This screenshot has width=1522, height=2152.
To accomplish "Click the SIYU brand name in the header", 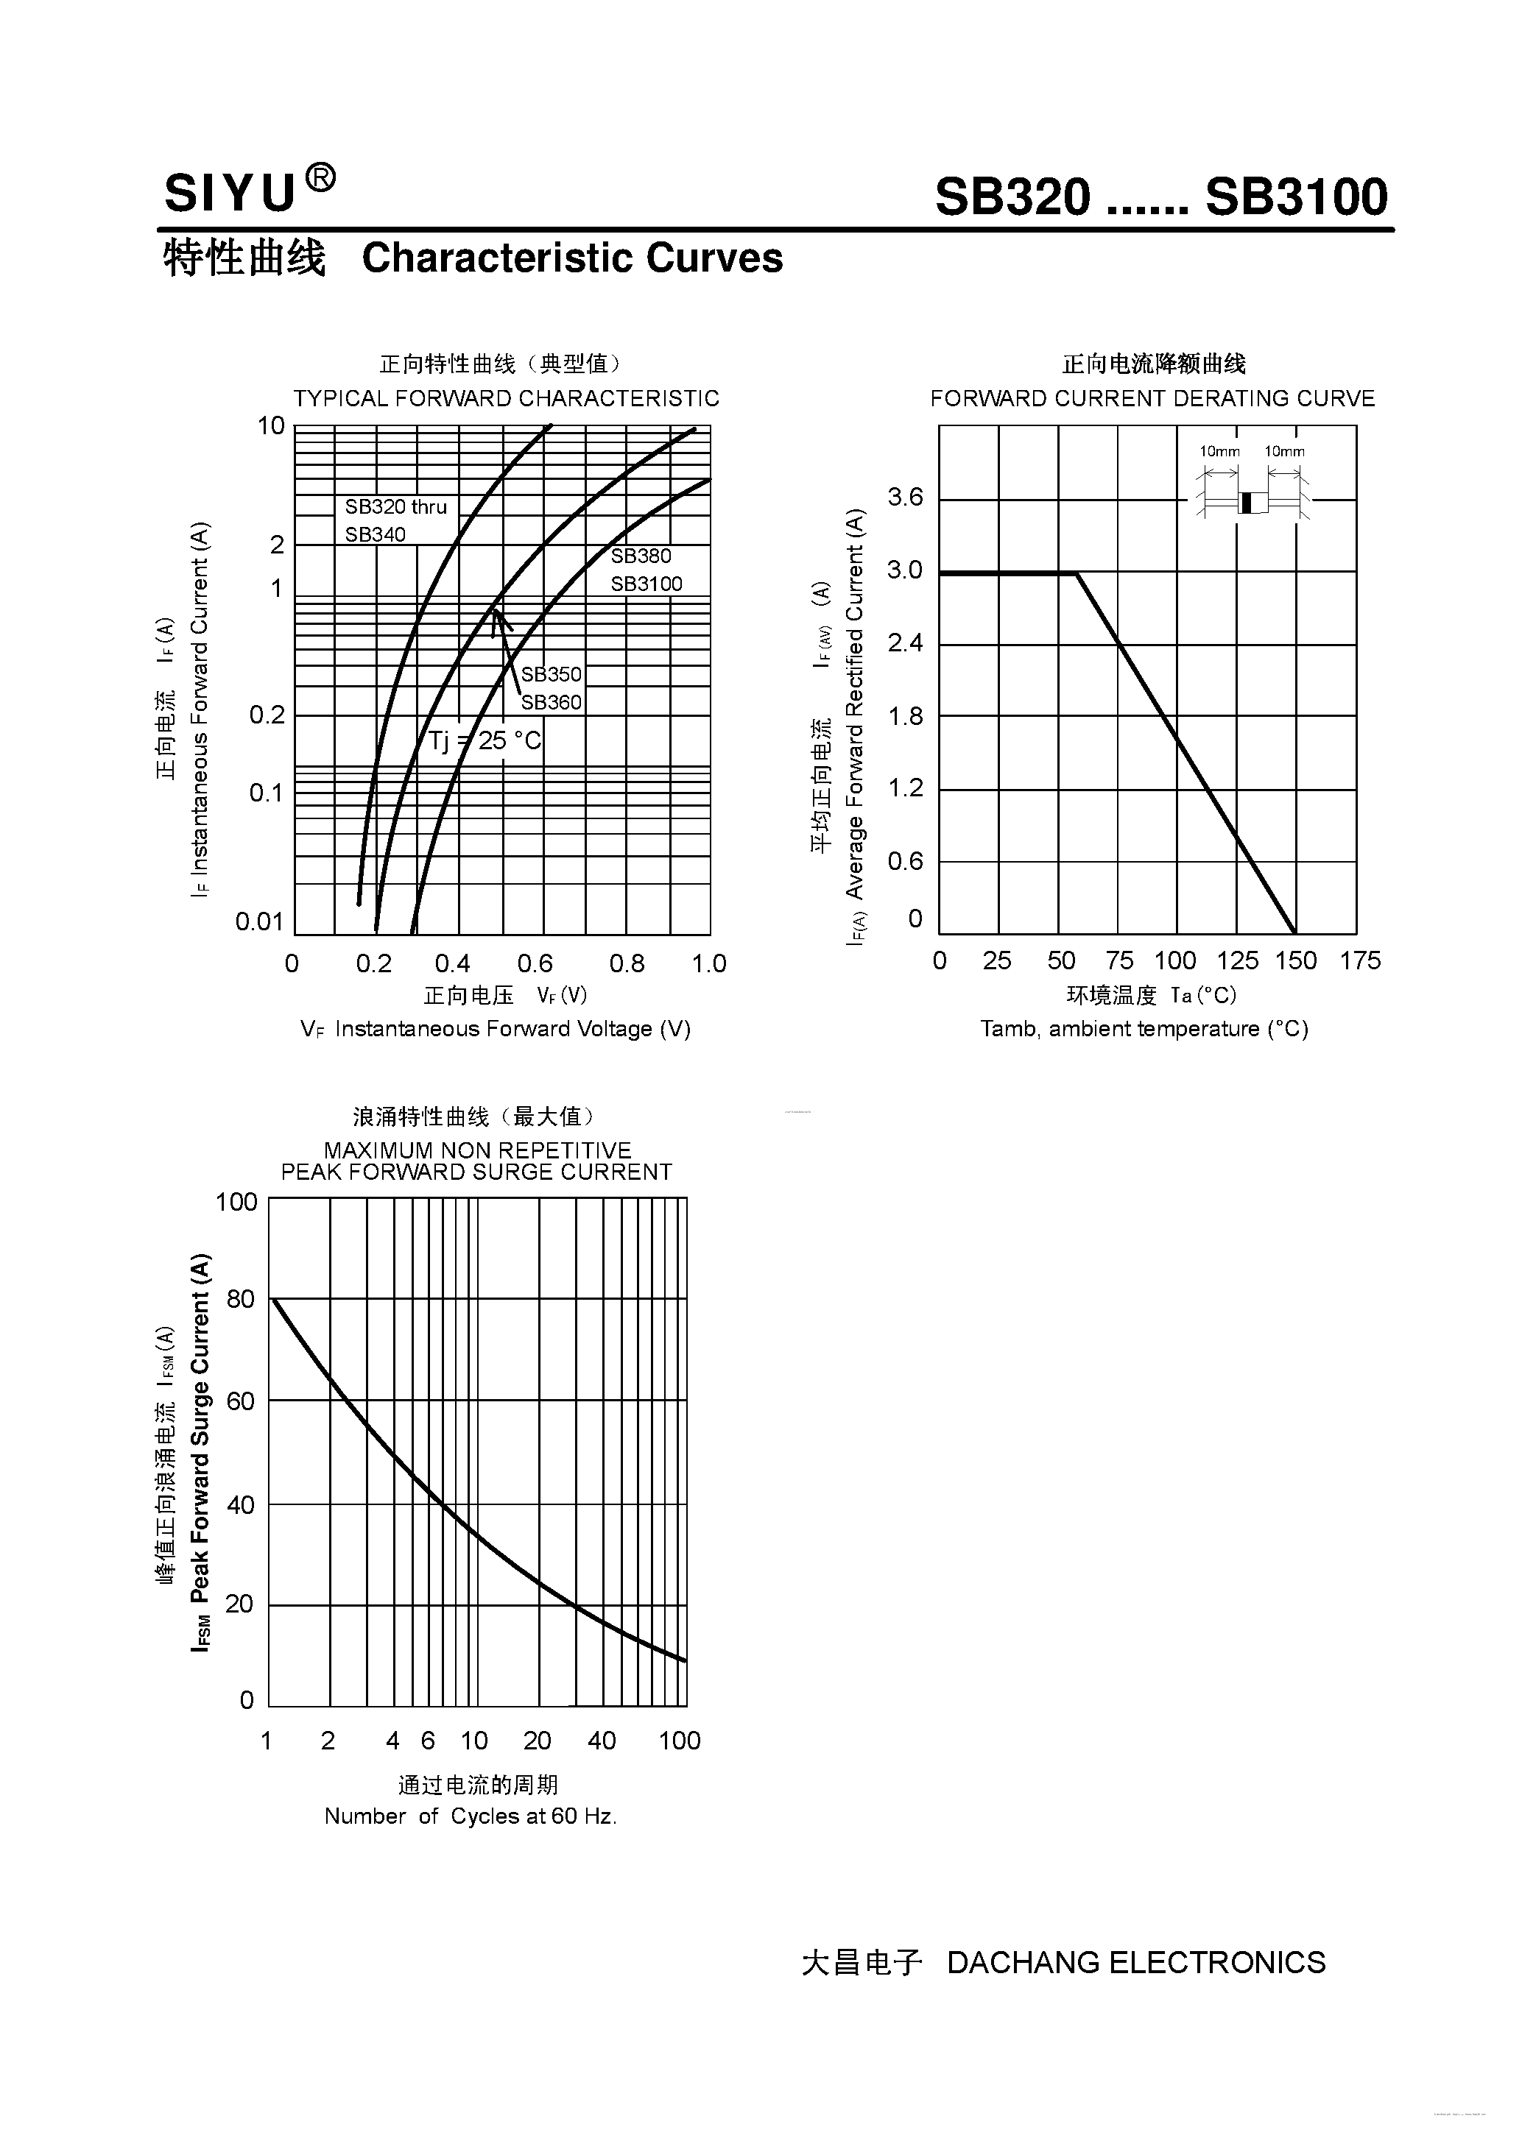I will pos(230,195).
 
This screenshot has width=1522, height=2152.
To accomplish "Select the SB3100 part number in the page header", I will pos(1295,198).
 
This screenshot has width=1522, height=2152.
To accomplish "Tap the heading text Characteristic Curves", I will pos(572,258).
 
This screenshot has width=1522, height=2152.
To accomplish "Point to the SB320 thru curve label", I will pos(395,507).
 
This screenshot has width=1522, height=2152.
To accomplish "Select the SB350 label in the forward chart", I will pos(552,674).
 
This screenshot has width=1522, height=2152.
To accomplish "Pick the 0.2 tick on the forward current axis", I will pos(267,715).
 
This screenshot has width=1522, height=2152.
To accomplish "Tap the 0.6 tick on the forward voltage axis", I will pos(535,963).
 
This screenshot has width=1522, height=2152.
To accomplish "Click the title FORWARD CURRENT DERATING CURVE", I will pos(1152,398).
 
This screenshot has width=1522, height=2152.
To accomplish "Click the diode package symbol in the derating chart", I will pos(1252,503).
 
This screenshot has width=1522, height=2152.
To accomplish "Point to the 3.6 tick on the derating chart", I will pos(905,497).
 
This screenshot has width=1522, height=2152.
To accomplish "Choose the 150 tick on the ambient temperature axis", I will pos(1295,960).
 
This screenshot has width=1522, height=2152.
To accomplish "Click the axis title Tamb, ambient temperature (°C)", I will pos(1144,1029).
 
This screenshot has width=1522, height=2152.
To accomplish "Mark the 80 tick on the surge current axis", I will pos(240,1299).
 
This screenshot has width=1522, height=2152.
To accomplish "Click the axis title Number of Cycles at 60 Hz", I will pos(470,1816).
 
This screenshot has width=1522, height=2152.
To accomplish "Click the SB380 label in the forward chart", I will pos(641,556).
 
